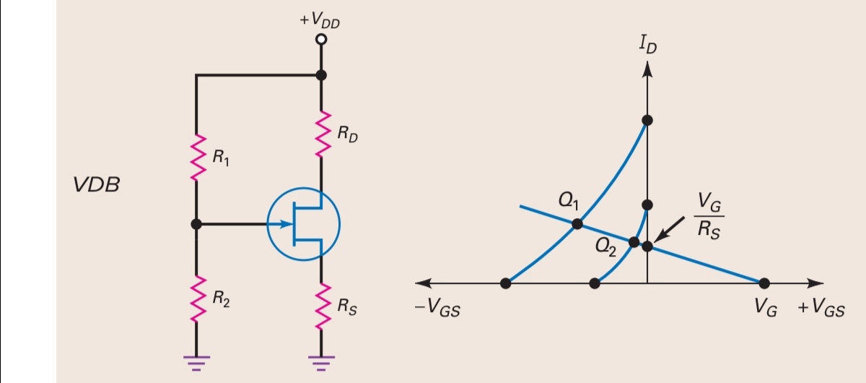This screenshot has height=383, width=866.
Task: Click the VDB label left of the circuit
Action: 96,185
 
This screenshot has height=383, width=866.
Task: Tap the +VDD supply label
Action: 320,20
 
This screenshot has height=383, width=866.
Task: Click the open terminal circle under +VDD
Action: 321,39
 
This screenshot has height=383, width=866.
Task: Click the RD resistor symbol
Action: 321,132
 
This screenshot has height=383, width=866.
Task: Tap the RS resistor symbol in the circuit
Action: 321,304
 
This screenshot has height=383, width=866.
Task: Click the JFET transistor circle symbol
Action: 303,224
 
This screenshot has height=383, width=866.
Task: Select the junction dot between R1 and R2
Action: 196,224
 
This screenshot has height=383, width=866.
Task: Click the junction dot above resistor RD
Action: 321,74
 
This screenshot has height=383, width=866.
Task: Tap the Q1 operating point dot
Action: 577,224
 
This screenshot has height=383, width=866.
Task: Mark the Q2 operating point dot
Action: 634,242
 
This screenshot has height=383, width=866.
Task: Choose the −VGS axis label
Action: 438,309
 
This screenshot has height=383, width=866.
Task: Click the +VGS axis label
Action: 821,309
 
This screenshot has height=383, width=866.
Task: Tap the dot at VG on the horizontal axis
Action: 764,283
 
